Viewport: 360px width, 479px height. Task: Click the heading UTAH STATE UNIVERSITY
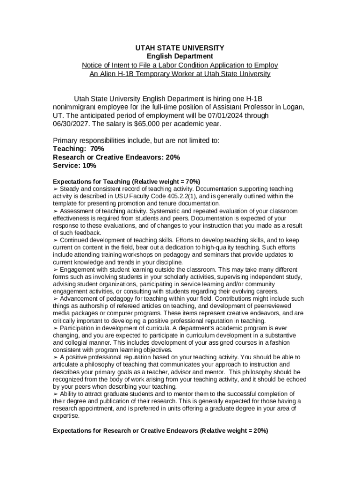click(180, 48)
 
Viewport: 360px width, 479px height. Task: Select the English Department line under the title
click(180, 56)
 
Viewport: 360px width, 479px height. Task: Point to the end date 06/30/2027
click(72, 124)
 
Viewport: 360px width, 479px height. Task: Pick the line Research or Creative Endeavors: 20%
click(116, 157)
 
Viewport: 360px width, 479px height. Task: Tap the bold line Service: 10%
click(74, 166)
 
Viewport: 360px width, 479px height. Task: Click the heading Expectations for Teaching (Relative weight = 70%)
click(126, 181)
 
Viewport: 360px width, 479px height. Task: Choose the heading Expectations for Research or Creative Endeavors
click(160, 430)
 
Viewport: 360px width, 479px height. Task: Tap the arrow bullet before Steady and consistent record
click(56, 189)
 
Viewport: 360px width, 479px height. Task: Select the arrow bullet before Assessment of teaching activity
click(56, 211)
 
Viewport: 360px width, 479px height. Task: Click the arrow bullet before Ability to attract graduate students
click(56, 394)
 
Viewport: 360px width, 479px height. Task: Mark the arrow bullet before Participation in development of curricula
click(56, 328)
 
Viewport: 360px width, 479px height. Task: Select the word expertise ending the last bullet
click(66, 415)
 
